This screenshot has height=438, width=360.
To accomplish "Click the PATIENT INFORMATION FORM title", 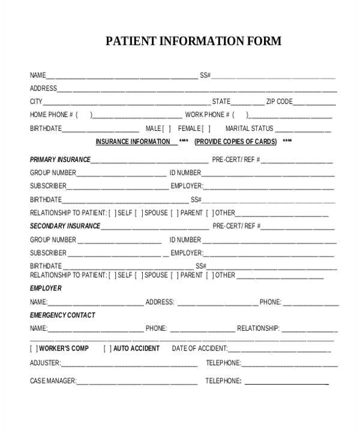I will [x=193, y=41].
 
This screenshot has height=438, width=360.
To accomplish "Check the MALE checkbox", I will [x=166, y=128].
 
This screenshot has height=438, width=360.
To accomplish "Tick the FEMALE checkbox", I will [x=206, y=128].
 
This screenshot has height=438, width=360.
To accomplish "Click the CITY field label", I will [x=36, y=101].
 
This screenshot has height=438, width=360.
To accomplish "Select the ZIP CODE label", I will [x=280, y=101].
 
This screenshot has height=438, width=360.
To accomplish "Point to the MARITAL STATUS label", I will [x=249, y=128].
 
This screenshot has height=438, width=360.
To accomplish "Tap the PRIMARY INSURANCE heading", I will [x=60, y=160].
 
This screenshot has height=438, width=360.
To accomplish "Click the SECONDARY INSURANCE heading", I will [x=65, y=226].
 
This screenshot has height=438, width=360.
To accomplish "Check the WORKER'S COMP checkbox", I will [x=34, y=349].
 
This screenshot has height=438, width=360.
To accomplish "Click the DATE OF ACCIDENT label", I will [x=199, y=349].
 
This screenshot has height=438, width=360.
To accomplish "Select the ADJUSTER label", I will [x=45, y=363].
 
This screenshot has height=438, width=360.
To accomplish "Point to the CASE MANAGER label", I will [x=53, y=381].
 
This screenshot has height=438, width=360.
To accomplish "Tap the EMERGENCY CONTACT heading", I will [x=62, y=315].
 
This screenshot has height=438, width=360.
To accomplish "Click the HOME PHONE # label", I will [x=52, y=115].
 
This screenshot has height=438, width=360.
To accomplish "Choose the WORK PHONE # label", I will [x=206, y=115].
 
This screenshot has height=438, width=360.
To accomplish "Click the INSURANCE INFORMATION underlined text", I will [x=133, y=142].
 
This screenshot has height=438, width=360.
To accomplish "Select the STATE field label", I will [x=221, y=101].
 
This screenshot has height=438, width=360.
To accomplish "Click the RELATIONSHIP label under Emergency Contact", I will [x=258, y=328].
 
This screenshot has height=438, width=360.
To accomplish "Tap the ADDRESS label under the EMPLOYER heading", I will [x=160, y=302].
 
